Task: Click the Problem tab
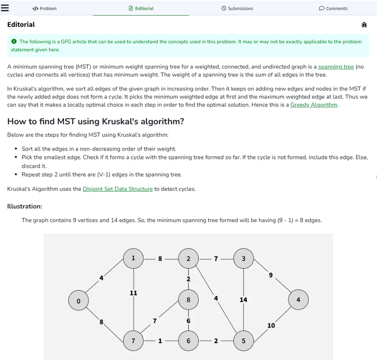tap(44, 8)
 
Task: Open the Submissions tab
tap(237, 8)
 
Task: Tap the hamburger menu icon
tap(5, 8)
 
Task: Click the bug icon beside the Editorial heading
tap(364, 25)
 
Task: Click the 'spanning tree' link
tap(336, 67)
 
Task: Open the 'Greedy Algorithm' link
tap(314, 104)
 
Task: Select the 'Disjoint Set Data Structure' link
tap(118, 189)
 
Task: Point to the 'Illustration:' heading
tap(25, 206)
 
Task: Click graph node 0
tap(78, 300)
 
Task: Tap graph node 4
tap(298, 300)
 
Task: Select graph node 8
tap(188, 299)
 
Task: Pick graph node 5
tap(243, 340)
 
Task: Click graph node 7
tap(133, 340)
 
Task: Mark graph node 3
tap(243, 258)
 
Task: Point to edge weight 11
tap(133, 293)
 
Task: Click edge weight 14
tap(243, 300)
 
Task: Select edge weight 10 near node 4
tap(271, 325)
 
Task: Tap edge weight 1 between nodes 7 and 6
tap(160, 341)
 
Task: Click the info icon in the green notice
tap(14, 42)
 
